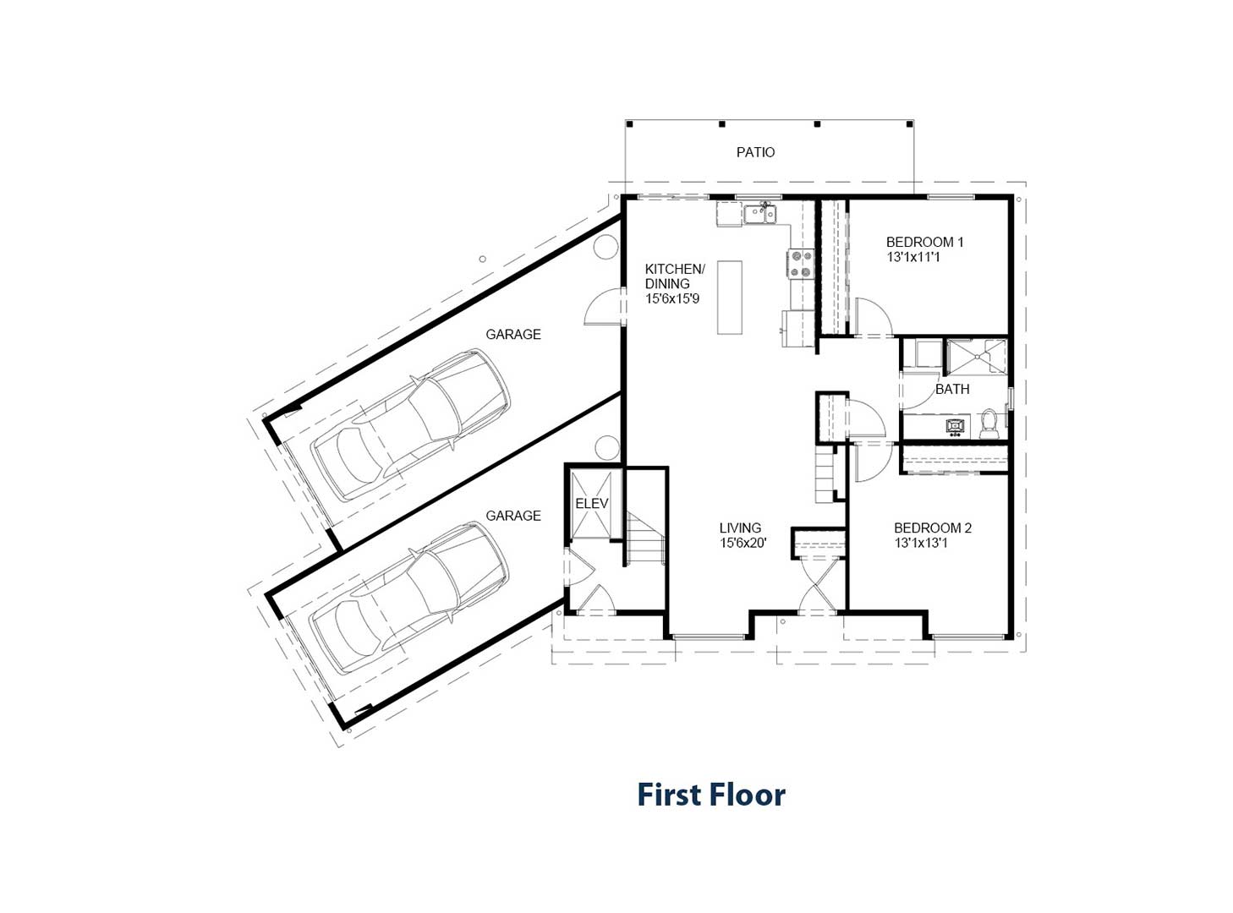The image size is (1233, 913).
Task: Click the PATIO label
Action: pyautogui.click(x=755, y=152)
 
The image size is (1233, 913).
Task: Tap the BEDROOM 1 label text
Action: pyautogui.click(x=924, y=243)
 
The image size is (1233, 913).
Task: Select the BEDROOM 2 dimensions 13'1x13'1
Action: pyautogui.click(x=921, y=543)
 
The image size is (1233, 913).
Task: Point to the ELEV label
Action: pyautogui.click(x=591, y=504)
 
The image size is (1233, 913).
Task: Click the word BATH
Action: pyautogui.click(x=952, y=389)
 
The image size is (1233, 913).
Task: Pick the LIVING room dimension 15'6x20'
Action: pyautogui.click(x=743, y=543)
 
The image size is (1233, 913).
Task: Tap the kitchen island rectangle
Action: pyautogui.click(x=729, y=298)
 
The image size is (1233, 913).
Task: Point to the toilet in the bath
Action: pyautogui.click(x=989, y=424)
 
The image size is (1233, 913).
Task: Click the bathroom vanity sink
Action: pyautogui.click(x=956, y=426)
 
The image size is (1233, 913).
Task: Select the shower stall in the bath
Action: pyautogui.click(x=976, y=358)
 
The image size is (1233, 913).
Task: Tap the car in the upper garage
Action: pyautogui.click(x=409, y=424)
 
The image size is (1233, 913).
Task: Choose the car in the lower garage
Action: pyautogui.click(x=409, y=598)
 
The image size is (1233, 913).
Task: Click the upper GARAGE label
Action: pyautogui.click(x=513, y=334)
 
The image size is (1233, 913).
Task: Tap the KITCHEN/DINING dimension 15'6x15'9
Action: pyautogui.click(x=672, y=298)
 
